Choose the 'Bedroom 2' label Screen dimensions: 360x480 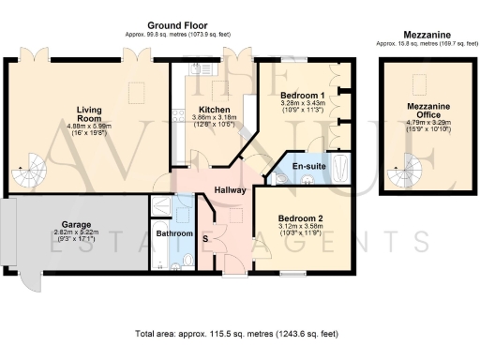(x=300, y=219)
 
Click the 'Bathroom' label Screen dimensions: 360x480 (x=174, y=233)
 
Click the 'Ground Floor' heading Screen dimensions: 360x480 (x=177, y=25)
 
